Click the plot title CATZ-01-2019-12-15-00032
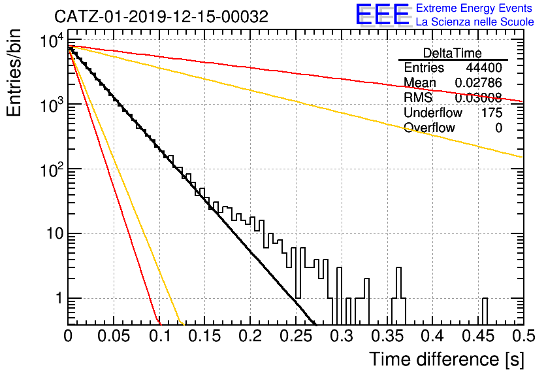pyautogui.click(x=161, y=16)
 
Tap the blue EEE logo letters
pyautogui.click(x=383, y=14)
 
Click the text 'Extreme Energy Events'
pyautogui.click(x=474, y=8)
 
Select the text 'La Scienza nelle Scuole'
pyautogui.click(x=475, y=22)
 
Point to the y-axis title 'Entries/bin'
pyautogui.click(x=14, y=73)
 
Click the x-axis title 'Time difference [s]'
pyautogui.click(x=447, y=360)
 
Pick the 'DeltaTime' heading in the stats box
pyautogui.click(x=453, y=53)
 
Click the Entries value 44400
pyautogui.click(x=484, y=67)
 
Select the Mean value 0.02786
pyautogui.click(x=479, y=82)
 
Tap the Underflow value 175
pyautogui.click(x=492, y=112)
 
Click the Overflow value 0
pyautogui.click(x=498, y=128)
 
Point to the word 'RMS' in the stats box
pyautogui.click(x=418, y=97)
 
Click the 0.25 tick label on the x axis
pyautogui.click(x=296, y=336)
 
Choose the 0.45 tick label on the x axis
pyautogui.click(x=478, y=336)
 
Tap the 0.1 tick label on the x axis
pyautogui.click(x=159, y=336)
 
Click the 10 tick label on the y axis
pyautogui.click(x=55, y=233)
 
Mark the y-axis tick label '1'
pyautogui.click(x=59, y=298)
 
